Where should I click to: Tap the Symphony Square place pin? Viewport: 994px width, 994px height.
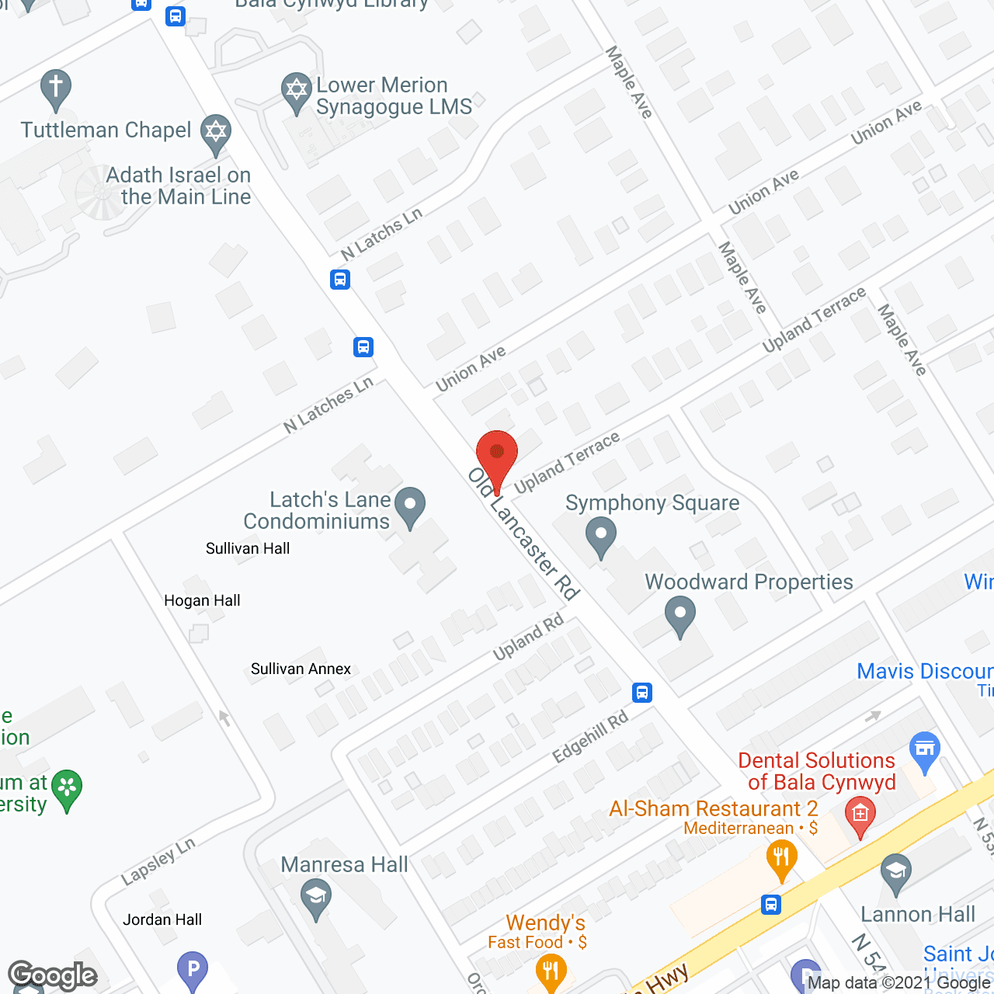(600, 536)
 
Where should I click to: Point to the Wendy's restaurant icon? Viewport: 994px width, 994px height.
(551, 971)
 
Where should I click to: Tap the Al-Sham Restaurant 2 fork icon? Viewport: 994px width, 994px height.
(781, 859)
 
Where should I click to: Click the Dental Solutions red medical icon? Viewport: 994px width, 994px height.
(860, 815)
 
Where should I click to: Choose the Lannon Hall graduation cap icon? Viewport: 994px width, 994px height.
(895, 873)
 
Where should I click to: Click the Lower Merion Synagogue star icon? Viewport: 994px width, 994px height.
(297, 91)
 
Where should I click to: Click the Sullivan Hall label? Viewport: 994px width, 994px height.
(248, 548)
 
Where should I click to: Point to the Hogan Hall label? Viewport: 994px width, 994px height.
(202, 600)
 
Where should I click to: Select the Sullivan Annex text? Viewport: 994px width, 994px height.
(301, 669)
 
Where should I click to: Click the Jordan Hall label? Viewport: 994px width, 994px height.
(162, 919)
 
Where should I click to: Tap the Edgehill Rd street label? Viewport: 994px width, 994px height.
(590, 737)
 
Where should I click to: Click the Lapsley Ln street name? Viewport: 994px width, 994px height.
(158, 861)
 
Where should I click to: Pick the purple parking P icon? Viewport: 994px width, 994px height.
(193, 968)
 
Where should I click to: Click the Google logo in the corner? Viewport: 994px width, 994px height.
(52, 975)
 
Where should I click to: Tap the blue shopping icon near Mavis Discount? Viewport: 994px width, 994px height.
(924, 749)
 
